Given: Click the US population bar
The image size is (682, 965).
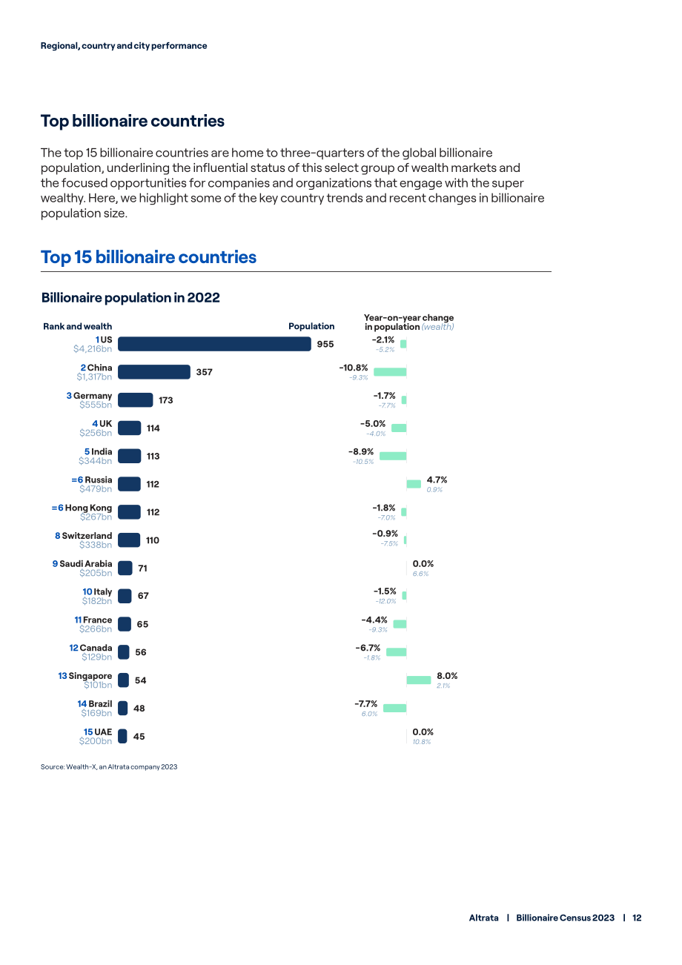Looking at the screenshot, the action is [x=214, y=344].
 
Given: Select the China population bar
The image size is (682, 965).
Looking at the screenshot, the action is [x=153, y=372].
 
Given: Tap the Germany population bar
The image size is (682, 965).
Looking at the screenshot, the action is [x=135, y=399].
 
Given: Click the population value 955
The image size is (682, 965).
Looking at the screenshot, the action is [x=325, y=344].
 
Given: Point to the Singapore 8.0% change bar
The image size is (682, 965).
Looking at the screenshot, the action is [x=418, y=680].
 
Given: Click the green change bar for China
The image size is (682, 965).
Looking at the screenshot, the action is [x=390, y=372].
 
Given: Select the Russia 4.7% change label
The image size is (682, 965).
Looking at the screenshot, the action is [x=437, y=480].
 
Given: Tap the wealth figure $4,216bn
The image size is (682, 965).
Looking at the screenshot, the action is [x=92, y=348].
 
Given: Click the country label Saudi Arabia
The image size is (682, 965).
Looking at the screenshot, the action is [x=86, y=563].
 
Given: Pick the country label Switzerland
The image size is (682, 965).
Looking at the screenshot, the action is [x=87, y=535].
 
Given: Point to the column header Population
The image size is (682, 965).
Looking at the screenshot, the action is [x=311, y=326].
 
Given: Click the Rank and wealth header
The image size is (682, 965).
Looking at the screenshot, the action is [x=78, y=326].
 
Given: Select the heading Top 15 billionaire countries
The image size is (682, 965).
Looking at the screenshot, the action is [x=149, y=257].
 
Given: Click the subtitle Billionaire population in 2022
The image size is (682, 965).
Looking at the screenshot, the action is [x=130, y=297].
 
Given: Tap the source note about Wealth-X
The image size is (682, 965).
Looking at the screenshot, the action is [x=109, y=767].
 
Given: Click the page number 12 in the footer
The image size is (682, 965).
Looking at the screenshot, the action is [x=637, y=918].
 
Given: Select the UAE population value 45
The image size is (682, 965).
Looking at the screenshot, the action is [x=139, y=736].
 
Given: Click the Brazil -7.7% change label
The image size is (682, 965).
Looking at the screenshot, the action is [x=365, y=703].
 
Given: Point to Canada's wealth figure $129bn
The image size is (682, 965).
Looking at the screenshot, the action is [x=97, y=657].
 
